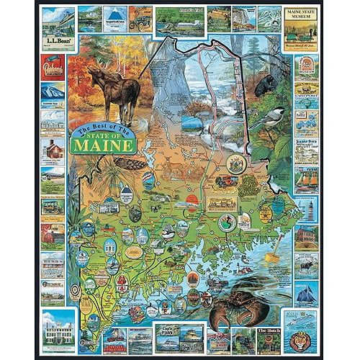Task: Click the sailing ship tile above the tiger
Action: (x=305, y=291)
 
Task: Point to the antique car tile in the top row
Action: (x=140, y=17)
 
